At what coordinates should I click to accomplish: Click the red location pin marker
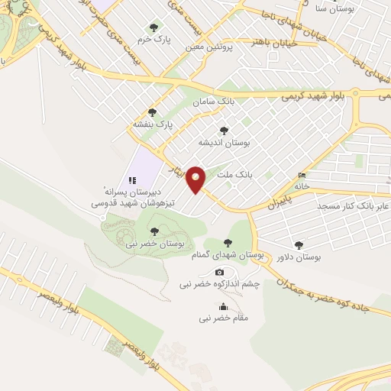pyautogui.click(x=196, y=179)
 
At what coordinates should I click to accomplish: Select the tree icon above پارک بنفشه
pyautogui.click(x=152, y=112)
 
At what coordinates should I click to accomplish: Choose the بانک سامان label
pyautogui.click(x=212, y=101)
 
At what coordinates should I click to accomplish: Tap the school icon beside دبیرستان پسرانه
pyautogui.click(x=132, y=180)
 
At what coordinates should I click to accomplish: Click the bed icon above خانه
pyautogui.click(x=303, y=175)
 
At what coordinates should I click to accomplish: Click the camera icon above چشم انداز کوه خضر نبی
pyautogui.click(x=219, y=273)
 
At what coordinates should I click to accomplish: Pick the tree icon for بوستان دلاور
pyautogui.click(x=298, y=246)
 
